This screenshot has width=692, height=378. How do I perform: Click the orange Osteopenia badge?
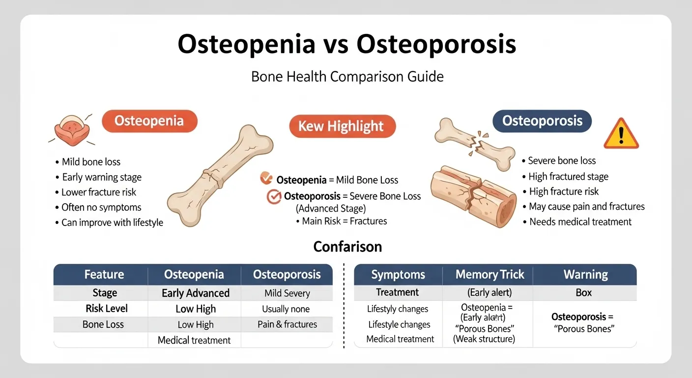tap(149, 121)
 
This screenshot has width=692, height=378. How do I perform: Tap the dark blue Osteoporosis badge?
tap(542, 121)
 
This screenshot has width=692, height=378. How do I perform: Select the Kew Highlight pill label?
tap(341, 126)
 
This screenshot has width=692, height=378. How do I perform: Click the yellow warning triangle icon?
tap(621, 134)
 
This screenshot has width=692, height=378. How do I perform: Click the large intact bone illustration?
tap(220, 175)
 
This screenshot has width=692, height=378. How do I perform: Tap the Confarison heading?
tap(347, 246)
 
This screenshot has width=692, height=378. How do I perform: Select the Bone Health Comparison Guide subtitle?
tap(347, 77)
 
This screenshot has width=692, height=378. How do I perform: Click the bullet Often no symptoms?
tap(101, 207)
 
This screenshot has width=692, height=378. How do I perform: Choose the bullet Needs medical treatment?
tap(580, 221)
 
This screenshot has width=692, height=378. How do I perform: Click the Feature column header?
tap(104, 275)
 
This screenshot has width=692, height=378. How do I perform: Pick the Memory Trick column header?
tap(490, 275)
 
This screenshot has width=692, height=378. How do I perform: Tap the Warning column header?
tap(585, 275)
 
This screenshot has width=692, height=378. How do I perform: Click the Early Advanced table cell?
tap(196, 293)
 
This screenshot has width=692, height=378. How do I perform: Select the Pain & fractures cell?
tap(288, 324)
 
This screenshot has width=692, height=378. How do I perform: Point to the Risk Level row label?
tap(106, 309)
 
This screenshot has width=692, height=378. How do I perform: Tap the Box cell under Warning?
tap(583, 293)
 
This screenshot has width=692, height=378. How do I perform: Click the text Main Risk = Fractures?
tap(344, 221)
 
